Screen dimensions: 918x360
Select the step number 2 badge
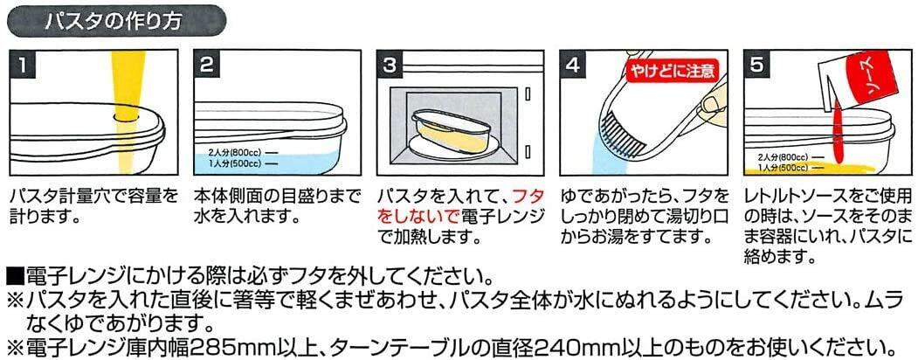[x=206, y=65]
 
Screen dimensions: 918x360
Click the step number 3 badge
[x=390, y=65]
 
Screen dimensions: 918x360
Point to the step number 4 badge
[x=573, y=65]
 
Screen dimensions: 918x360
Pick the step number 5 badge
[x=756, y=65]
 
